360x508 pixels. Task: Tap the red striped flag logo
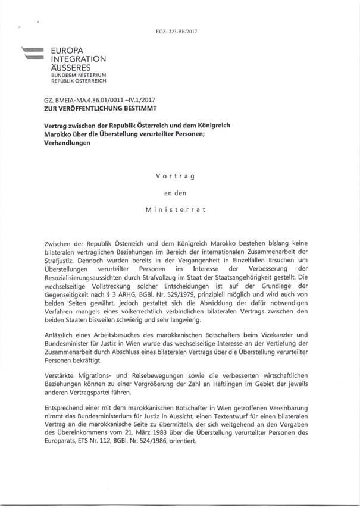click(x=34, y=54)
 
